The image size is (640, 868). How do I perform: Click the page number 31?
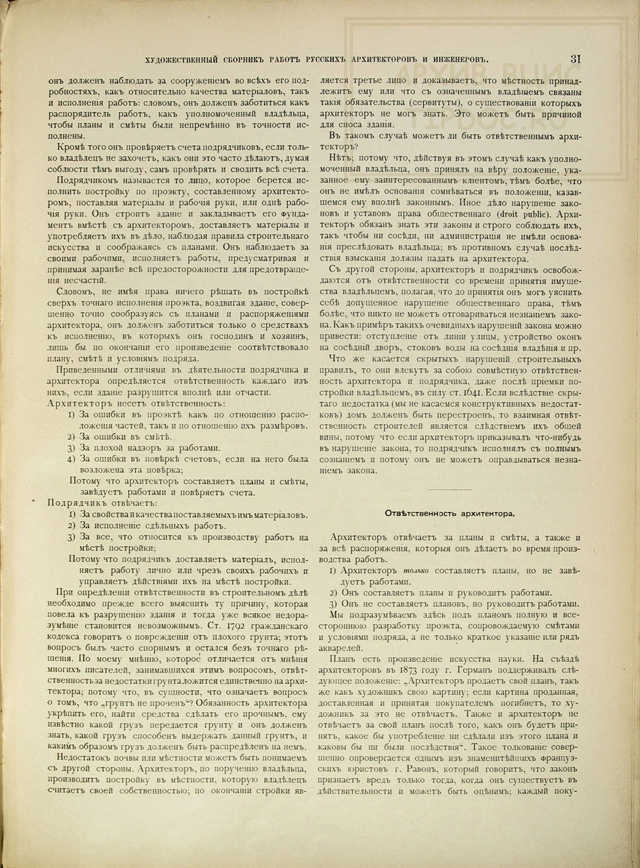[575, 59]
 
